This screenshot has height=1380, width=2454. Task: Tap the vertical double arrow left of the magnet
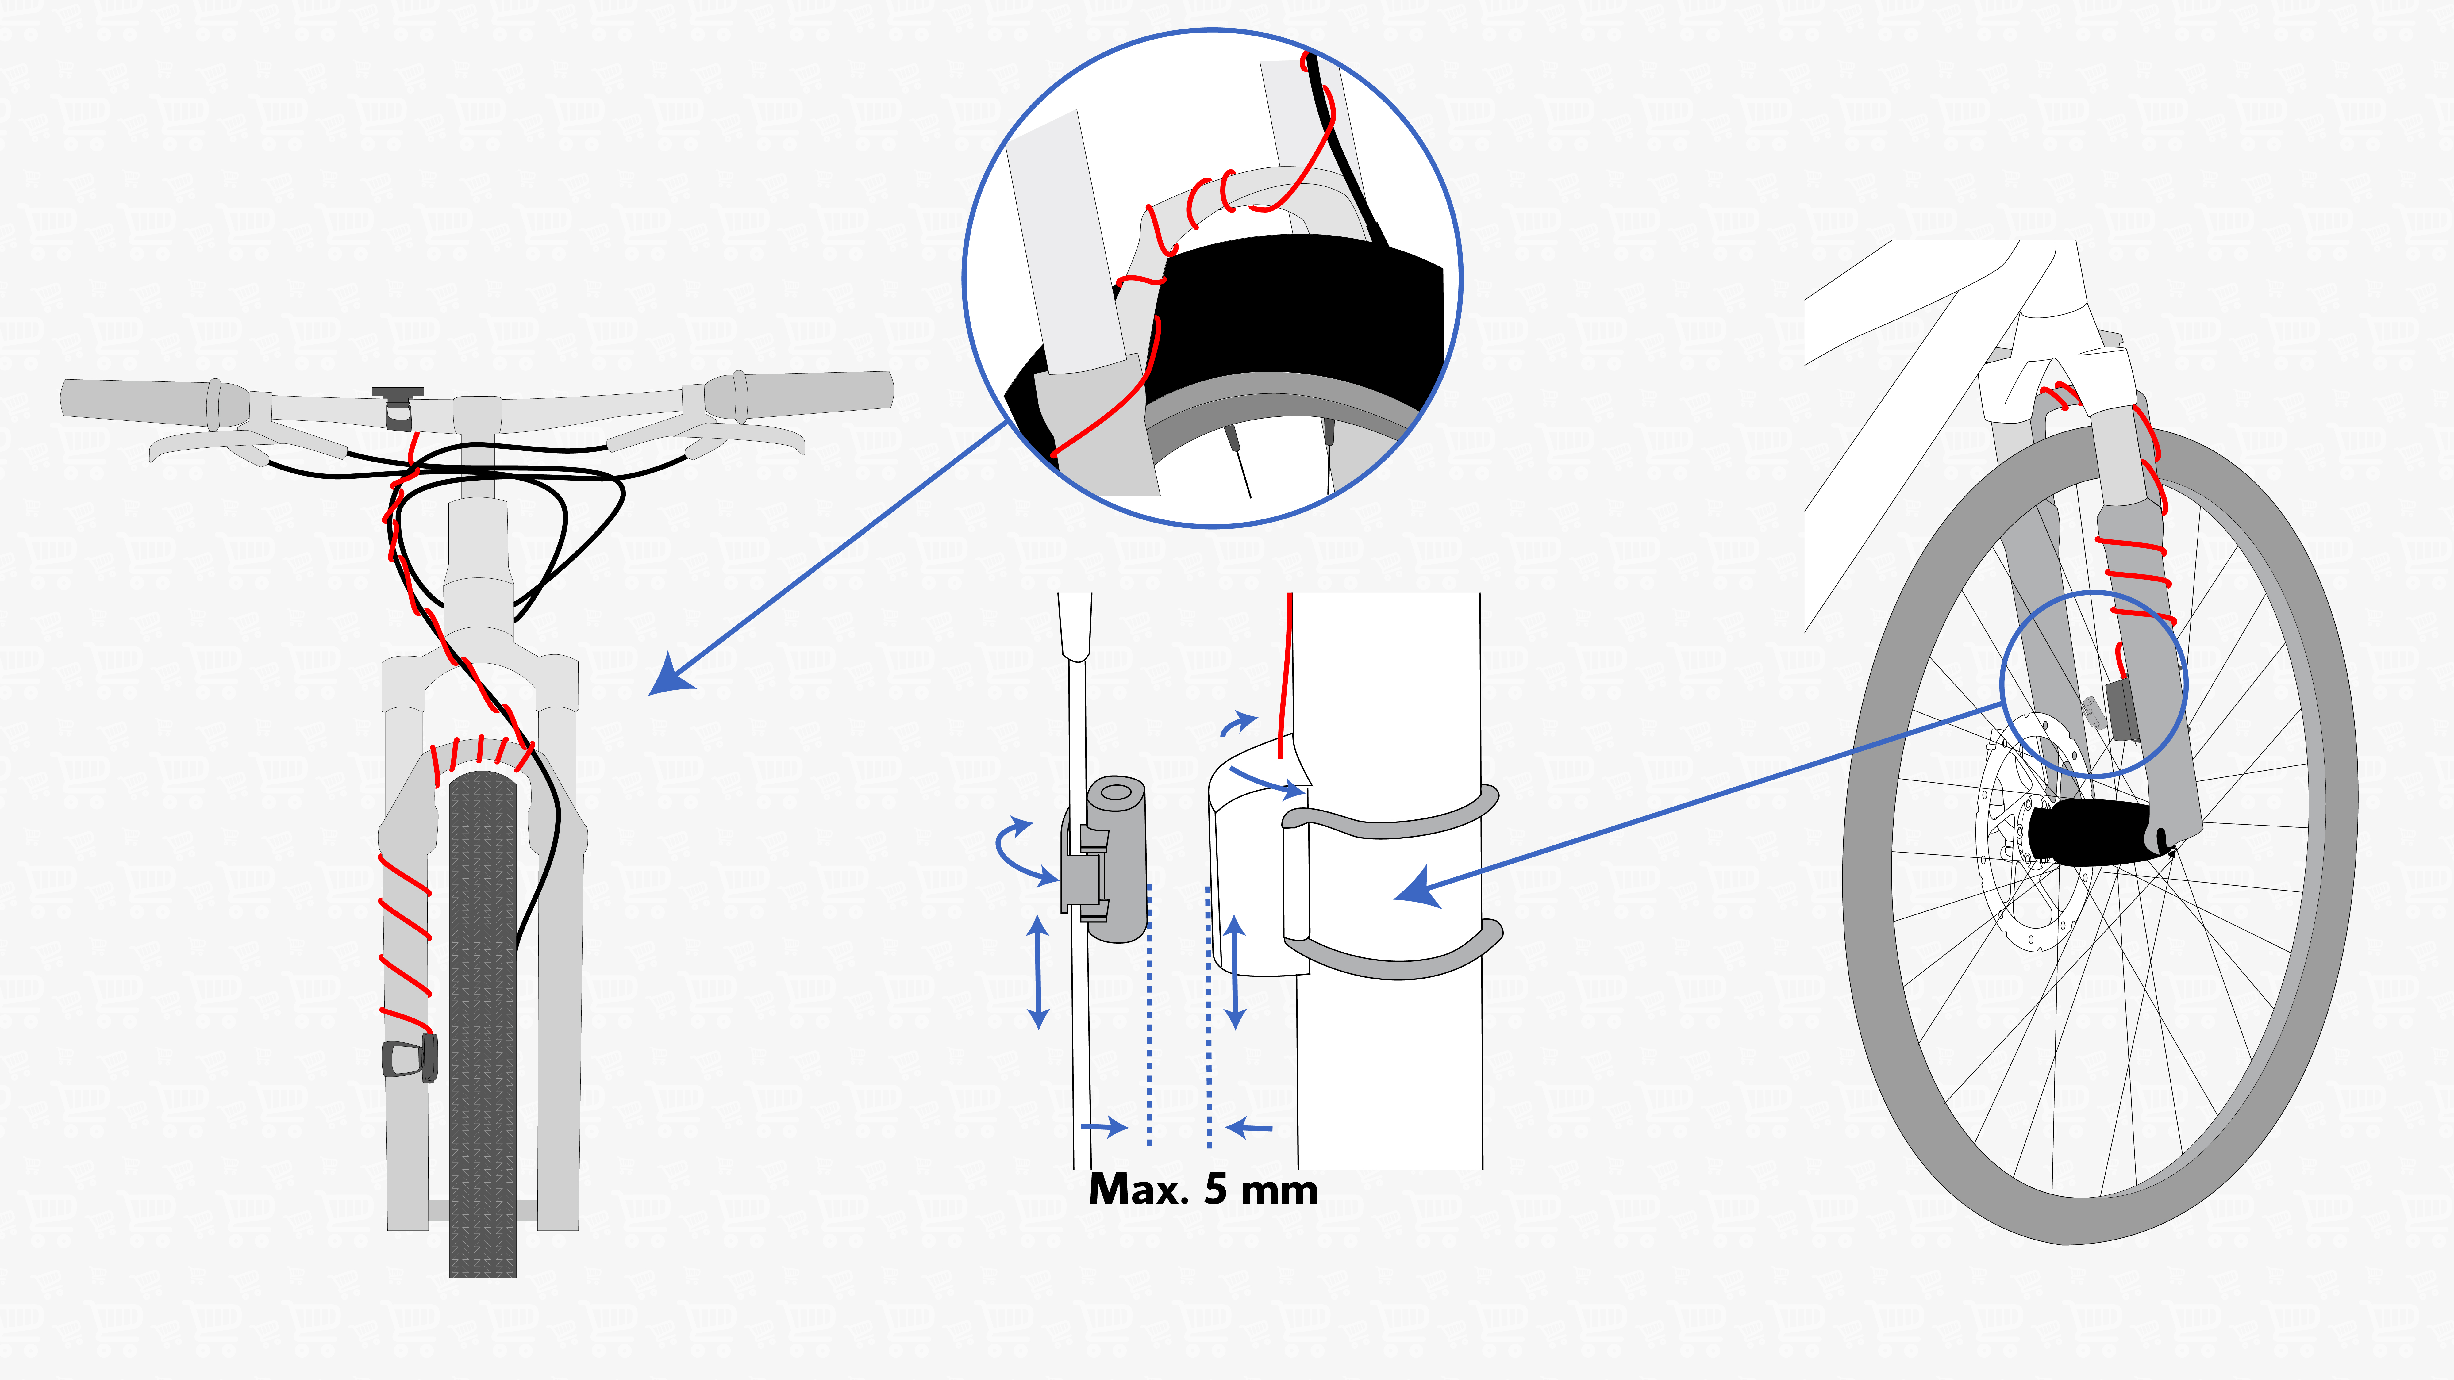pos(1038,972)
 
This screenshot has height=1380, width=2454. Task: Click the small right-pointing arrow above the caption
pos(1105,1129)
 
